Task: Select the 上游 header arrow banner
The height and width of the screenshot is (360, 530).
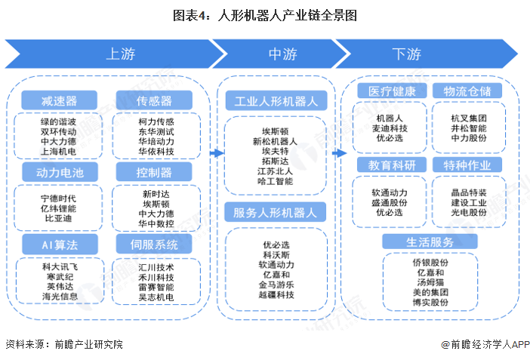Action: [113, 54]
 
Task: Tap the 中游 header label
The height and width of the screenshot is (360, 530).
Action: [282, 54]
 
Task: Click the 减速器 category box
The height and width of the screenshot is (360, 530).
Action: [59, 100]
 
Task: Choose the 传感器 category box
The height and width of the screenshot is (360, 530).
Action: [154, 100]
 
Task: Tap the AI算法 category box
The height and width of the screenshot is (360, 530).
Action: [59, 244]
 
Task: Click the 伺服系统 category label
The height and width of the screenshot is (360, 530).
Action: [154, 244]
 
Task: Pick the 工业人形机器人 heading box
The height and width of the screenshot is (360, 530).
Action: [276, 100]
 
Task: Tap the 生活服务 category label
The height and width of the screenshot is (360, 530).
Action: [430, 242]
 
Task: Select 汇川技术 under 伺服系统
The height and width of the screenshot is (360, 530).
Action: [156, 267]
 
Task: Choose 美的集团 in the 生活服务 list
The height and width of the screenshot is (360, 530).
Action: [430, 291]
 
